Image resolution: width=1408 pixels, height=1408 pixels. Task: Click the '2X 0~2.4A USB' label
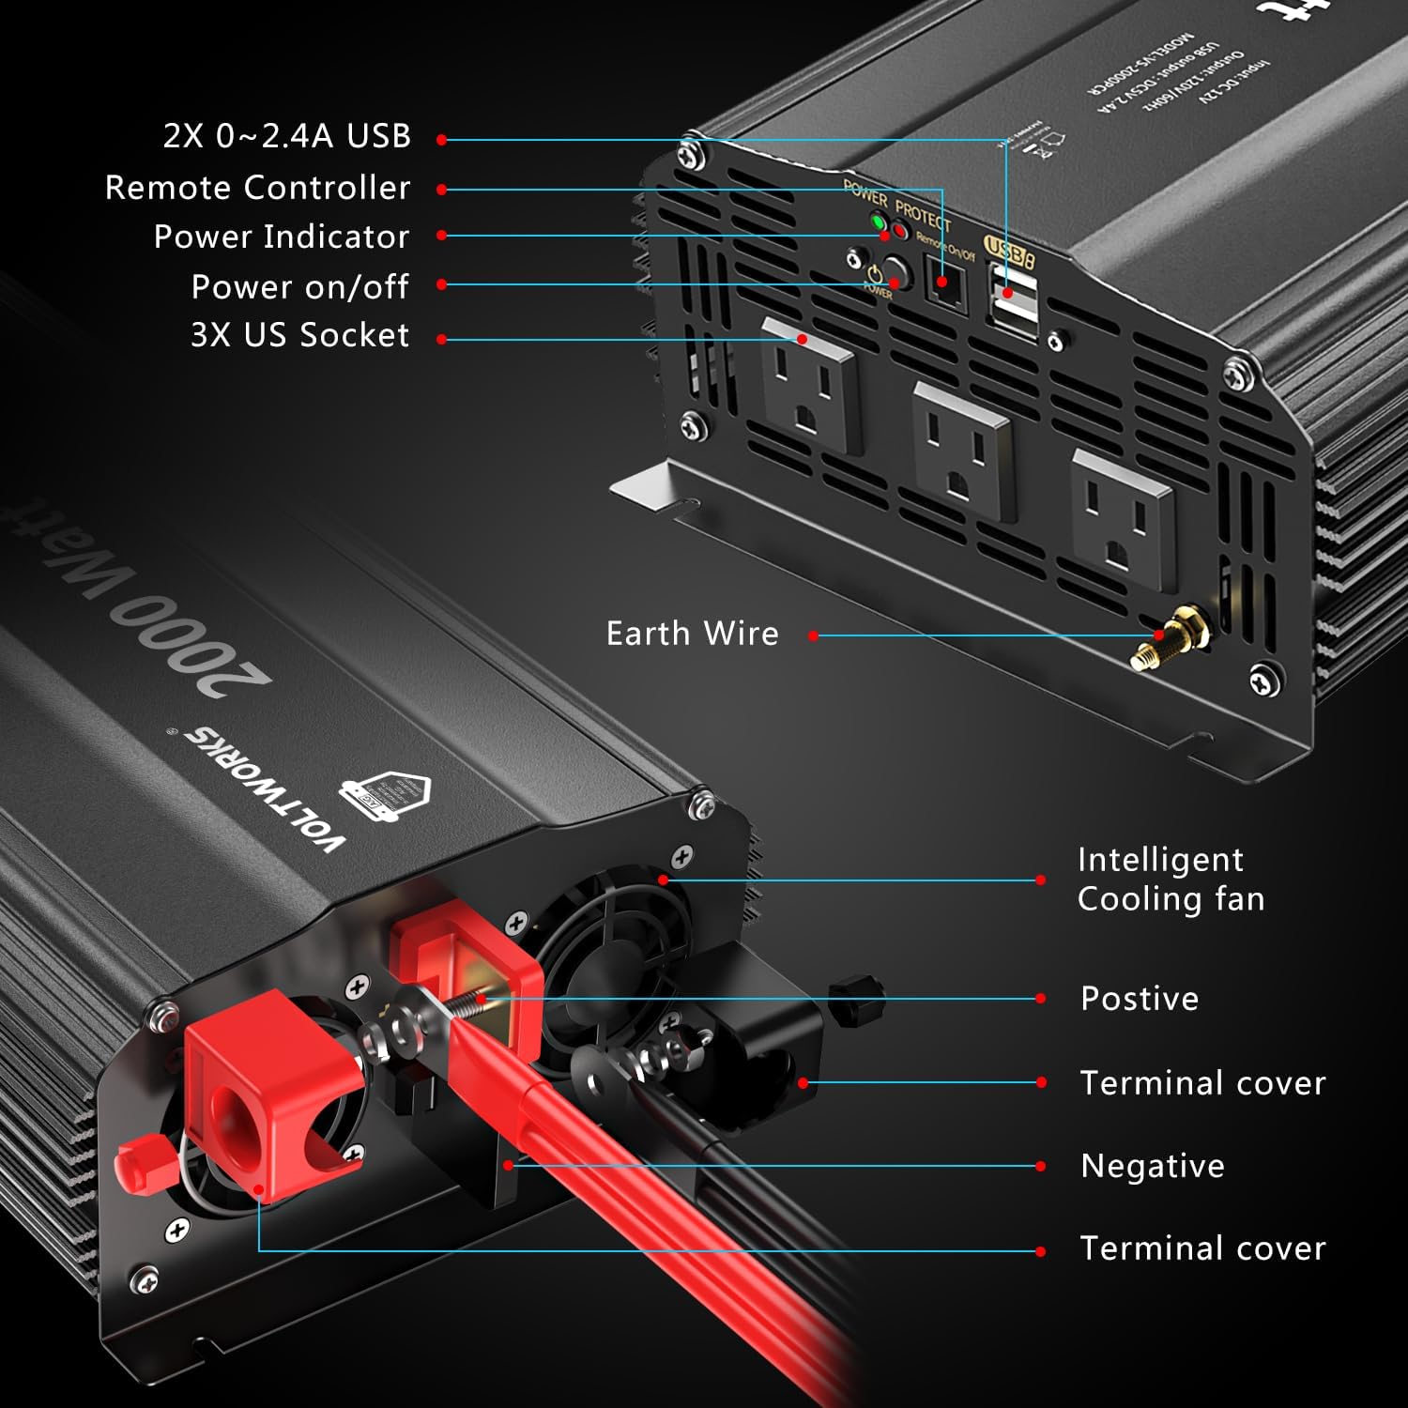(x=286, y=136)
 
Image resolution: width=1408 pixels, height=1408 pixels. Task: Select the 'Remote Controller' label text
(x=257, y=188)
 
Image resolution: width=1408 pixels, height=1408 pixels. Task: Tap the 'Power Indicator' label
(x=282, y=237)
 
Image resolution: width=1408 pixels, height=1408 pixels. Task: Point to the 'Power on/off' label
(x=299, y=286)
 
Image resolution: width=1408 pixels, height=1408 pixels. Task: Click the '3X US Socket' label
(x=299, y=335)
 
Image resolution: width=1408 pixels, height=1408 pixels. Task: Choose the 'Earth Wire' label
(x=692, y=634)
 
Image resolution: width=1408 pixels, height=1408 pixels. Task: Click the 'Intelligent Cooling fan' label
(x=1171, y=879)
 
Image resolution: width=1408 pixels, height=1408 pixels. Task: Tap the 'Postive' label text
(x=1139, y=999)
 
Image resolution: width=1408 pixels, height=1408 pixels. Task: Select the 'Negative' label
(x=1152, y=1166)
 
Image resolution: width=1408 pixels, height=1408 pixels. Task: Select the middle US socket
(x=963, y=450)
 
